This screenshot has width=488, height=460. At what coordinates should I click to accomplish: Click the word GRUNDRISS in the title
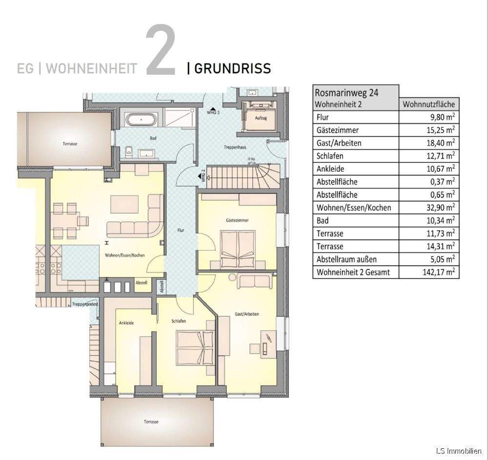tap(232, 68)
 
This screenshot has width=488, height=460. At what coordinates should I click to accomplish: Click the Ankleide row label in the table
tap(330, 169)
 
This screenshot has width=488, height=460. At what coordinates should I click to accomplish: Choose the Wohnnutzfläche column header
tap(429, 104)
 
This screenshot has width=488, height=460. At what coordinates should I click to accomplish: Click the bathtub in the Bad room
tap(141, 119)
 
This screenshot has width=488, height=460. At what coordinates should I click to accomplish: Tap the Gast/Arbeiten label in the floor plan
tap(247, 314)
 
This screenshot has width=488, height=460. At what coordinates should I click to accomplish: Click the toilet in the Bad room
tap(128, 151)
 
